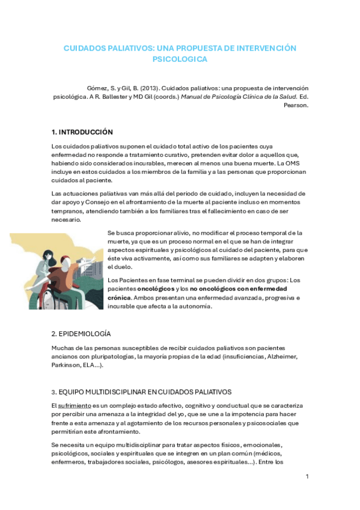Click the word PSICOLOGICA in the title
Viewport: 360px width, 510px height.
tap(180, 60)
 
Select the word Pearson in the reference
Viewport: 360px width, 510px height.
tap(296, 105)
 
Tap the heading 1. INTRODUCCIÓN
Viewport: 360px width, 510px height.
tap(82, 132)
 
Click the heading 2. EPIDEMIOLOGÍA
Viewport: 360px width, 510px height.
tap(81, 334)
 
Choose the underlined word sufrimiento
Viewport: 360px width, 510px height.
tap(75, 406)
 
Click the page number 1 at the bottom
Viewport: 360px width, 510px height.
tap(307, 477)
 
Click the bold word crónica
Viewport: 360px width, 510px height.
tap(118, 297)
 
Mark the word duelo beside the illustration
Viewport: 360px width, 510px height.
tap(117, 266)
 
